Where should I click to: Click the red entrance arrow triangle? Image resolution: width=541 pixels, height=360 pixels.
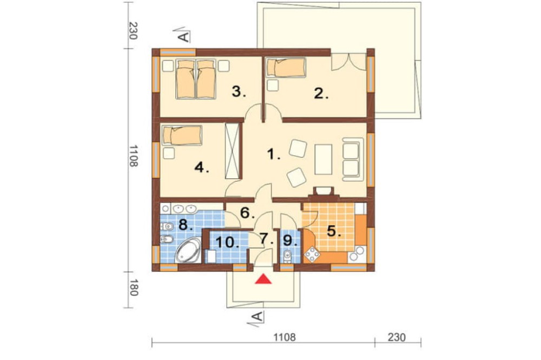pos(263,279)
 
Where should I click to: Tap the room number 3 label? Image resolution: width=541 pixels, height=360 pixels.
pos(239,92)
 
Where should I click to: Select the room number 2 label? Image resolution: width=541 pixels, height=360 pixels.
pos(321,94)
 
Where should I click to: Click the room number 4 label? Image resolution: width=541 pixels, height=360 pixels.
pos(202,168)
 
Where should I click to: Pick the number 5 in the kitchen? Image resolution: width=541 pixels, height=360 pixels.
pos(333,231)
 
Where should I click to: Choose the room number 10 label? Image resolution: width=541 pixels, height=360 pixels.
pos(227,242)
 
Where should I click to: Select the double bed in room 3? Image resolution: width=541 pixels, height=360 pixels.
pos(196,79)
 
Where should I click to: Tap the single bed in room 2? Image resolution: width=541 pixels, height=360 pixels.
pos(286,67)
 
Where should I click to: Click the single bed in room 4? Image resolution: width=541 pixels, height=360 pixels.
pos(182,135)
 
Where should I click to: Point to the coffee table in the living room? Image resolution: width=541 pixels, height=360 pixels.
pos(324,159)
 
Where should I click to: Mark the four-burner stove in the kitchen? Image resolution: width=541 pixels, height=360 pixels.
pos(312,255)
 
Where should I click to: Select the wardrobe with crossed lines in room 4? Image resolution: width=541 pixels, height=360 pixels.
pos(232,151)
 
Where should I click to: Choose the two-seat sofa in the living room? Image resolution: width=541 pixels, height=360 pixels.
pos(353,159)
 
